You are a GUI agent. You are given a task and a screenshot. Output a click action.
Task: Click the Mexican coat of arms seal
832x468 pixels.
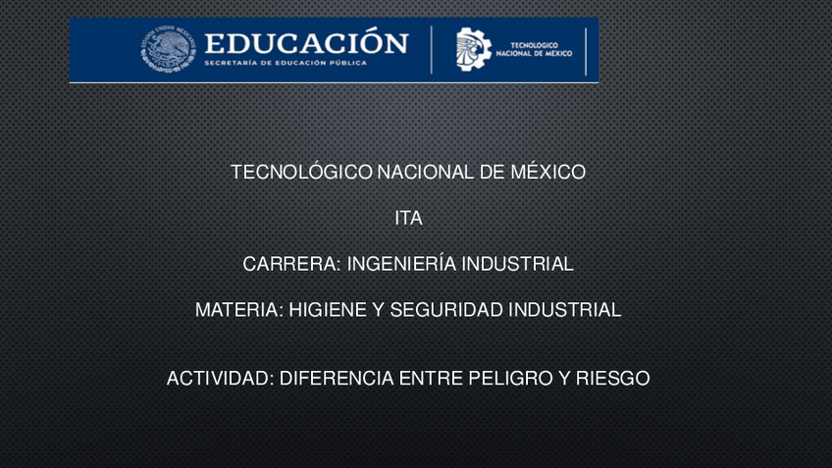[168, 49]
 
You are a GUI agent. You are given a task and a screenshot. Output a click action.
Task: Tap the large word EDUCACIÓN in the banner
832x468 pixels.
[307, 42]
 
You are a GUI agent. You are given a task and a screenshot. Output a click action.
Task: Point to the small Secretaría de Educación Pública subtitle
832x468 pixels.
[286, 63]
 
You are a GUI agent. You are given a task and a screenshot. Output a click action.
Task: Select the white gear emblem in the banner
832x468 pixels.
[473, 49]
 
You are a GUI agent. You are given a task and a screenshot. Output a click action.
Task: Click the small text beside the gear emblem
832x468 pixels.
[534, 49]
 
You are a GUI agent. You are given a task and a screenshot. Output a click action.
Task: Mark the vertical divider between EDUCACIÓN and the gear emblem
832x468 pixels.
[432, 50]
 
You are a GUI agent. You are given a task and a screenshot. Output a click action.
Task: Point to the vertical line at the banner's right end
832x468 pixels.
[586, 51]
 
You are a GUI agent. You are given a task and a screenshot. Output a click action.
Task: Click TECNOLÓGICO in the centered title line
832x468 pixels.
[301, 172]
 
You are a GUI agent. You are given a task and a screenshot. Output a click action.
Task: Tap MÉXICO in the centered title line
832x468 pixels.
[548, 172]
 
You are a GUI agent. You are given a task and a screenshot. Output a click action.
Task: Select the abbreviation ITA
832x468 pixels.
[408, 218]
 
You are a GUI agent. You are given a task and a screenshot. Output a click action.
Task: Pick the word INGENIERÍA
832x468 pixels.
[401, 264]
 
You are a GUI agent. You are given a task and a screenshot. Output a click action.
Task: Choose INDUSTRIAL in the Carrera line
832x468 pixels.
[517, 264]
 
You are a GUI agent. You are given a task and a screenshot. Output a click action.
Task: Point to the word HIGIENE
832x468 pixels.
[328, 310]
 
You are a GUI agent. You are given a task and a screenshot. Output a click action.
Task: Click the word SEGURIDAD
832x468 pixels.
[446, 310]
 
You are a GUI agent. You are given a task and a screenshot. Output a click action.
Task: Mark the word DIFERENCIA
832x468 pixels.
[337, 379]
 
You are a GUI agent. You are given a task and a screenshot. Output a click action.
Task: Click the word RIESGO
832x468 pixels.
[613, 379]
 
